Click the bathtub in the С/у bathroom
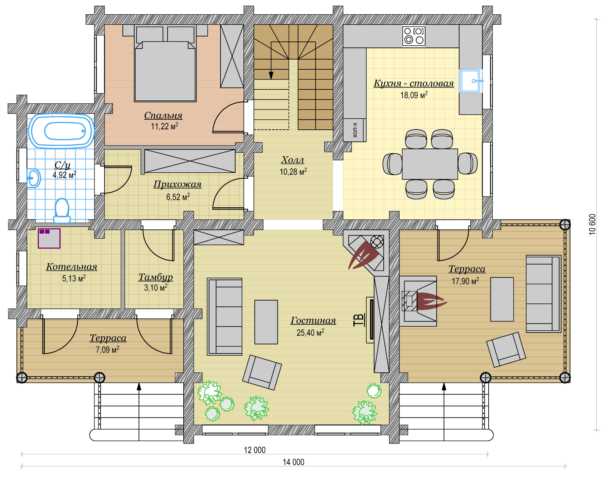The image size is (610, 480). (x=61, y=131)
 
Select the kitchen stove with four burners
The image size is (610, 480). (x=414, y=36)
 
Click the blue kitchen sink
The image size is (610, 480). (x=471, y=81)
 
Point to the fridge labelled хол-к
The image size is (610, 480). (x=355, y=130)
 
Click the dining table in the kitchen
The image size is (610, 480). (x=430, y=164)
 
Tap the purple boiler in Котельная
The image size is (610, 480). (x=49, y=238)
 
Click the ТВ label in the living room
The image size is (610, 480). (x=359, y=320)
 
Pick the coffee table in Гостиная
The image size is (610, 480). (x=266, y=322)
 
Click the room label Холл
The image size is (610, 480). (x=292, y=160)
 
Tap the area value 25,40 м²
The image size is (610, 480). (x=310, y=332)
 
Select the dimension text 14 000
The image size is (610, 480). (x=294, y=462)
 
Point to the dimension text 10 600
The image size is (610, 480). (x=592, y=224)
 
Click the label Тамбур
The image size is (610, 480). (x=156, y=277)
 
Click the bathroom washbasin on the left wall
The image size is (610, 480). (x=33, y=178)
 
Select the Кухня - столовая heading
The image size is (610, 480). (x=414, y=83)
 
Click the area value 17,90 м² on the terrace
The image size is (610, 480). (x=465, y=281)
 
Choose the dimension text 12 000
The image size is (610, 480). (x=255, y=450)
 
